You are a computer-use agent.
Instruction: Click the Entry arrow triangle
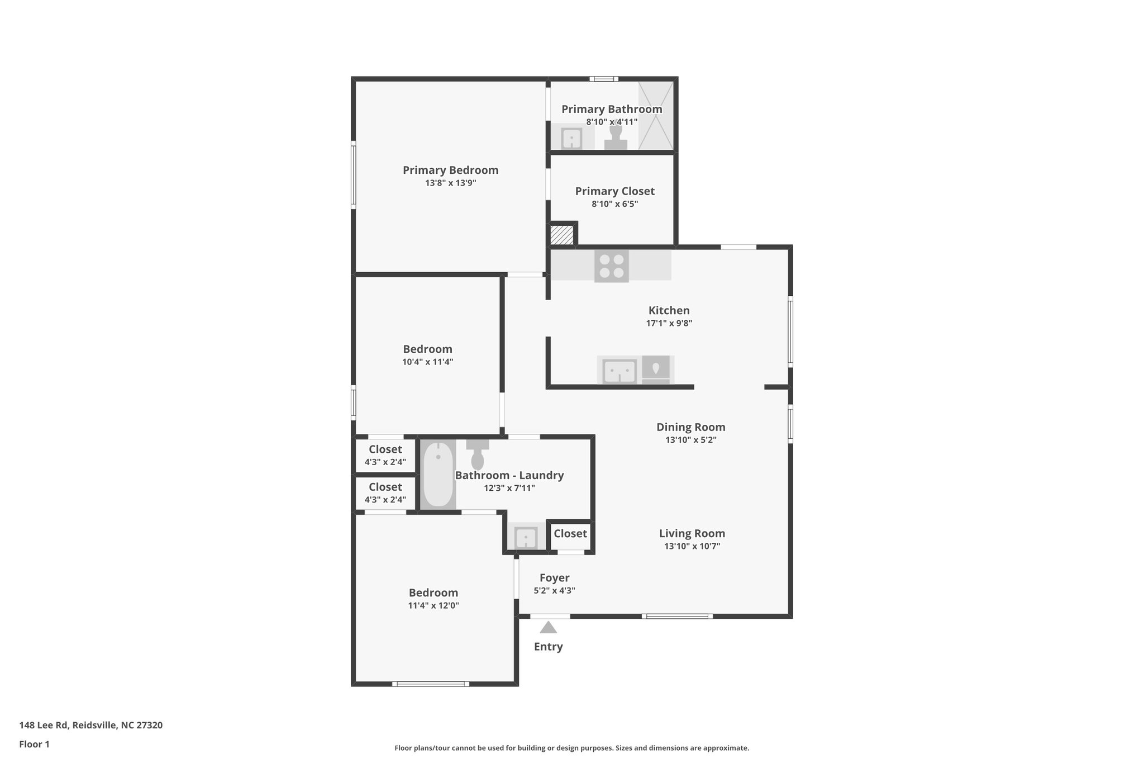click(548, 628)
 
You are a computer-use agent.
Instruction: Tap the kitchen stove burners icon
click(611, 266)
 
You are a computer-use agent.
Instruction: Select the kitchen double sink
click(619, 371)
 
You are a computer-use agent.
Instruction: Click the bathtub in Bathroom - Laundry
click(438, 474)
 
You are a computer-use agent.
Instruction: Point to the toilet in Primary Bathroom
click(616, 138)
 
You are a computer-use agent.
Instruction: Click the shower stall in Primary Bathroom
click(656, 115)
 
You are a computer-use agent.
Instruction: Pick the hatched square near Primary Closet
click(561, 234)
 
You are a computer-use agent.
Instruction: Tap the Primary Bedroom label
click(450, 170)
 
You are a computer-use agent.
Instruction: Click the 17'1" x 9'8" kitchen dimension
click(669, 323)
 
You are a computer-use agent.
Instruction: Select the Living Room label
click(692, 533)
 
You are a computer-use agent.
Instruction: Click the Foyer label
click(554, 578)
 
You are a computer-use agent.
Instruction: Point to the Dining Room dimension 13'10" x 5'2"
click(690, 440)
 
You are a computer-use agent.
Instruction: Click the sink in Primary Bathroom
click(571, 139)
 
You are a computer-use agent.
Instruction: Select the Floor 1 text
click(34, 745)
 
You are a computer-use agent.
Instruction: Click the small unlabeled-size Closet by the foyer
click(570, 534)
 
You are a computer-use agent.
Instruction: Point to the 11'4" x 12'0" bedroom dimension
click(433, 605)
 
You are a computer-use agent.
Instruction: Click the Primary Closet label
click(614, 191)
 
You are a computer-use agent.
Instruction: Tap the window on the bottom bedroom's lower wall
click(430, 684)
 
